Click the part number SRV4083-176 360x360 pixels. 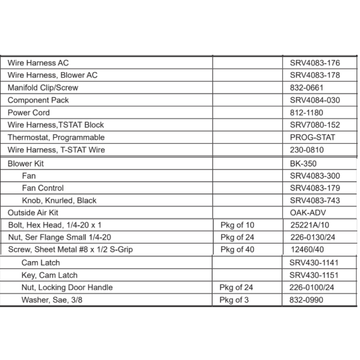(315, 63)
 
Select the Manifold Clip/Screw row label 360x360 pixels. (43, 88)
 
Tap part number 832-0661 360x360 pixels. (306, 88)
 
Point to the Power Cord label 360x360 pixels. (29, 113)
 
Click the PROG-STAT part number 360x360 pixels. (312, 138)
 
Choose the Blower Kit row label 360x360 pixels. (26, 164)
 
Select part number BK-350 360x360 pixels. (303, 164)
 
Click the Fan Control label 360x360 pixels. (42, 188)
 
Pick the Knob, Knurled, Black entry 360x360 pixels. (59, 201)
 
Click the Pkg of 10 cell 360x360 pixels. (237, 225)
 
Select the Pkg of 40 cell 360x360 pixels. (237, 250)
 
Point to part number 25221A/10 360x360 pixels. (310, 225)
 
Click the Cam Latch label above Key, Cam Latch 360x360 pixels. (40, 263)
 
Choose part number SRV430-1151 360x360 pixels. (314, 275)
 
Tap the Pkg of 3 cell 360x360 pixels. (234, 300)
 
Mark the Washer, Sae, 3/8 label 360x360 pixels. (51, 300)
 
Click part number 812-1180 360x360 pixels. (306, 113)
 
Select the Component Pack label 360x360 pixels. (38, 100)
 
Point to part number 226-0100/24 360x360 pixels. (311, 288)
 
